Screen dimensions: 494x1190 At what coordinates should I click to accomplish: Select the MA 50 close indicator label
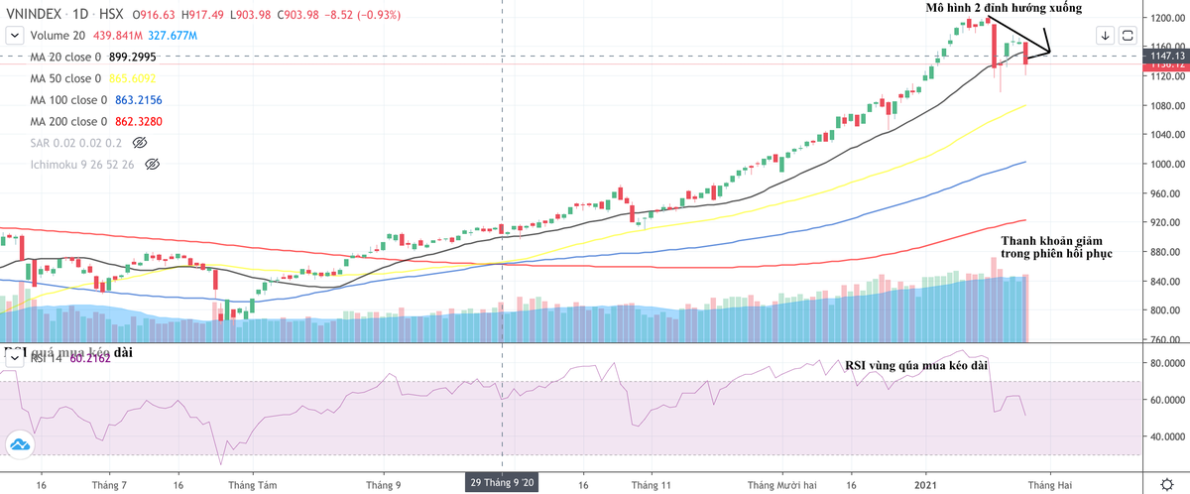point(64,78)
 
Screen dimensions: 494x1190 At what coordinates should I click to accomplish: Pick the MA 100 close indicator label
point(67,100)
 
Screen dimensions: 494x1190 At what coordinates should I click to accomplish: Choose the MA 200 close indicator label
point(67,121)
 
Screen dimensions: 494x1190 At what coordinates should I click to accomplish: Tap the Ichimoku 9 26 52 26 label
point(81,164)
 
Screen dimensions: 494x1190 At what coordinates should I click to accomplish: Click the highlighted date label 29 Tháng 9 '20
point(503,482)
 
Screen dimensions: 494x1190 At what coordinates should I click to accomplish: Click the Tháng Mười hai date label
point(780,485)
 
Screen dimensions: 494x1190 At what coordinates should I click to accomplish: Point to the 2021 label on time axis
point(924,485)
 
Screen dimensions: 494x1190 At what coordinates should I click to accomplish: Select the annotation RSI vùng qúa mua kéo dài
point(915,366)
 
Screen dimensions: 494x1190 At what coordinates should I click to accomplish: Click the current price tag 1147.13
point(1161,57)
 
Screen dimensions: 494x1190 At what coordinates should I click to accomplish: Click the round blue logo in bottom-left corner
point(17,446)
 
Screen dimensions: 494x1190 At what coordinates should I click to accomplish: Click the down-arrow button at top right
point(1105,36)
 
